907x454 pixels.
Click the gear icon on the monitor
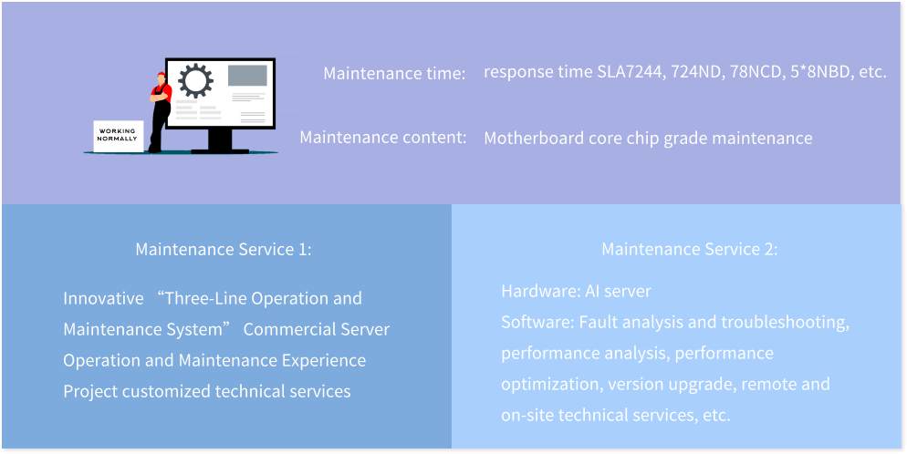point(195,80)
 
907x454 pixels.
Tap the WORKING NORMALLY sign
point(118,136)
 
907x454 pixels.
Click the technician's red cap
point(161,75)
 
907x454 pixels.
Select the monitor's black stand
point(220,141)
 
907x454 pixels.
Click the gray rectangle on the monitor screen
point(247,75)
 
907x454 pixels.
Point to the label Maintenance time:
point(394,74)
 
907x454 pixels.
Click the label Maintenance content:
point(383,138)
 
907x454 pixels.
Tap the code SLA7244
point(631,73)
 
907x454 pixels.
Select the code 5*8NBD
point(816,73)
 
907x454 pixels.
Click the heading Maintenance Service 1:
point(224,250)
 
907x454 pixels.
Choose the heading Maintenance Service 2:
point(690,250)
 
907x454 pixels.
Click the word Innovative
point(103,299)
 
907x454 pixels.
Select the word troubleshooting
point(785,323)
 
